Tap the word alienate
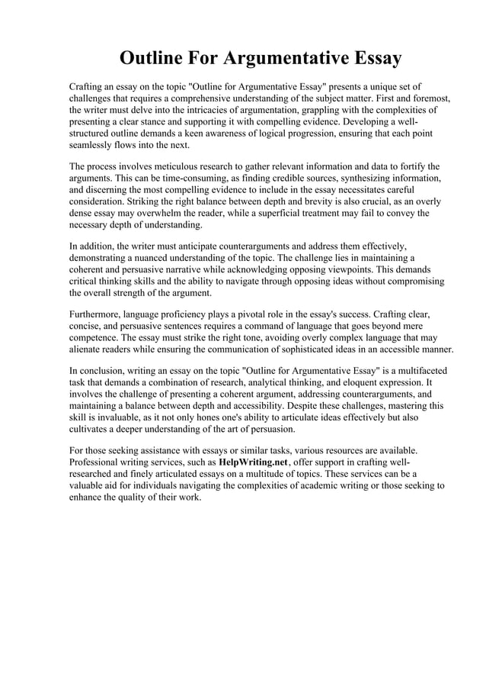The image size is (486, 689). (x=89, y=349)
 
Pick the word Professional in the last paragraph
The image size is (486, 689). (x=98, y=462)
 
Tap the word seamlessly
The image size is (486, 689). (x=95, y=145)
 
